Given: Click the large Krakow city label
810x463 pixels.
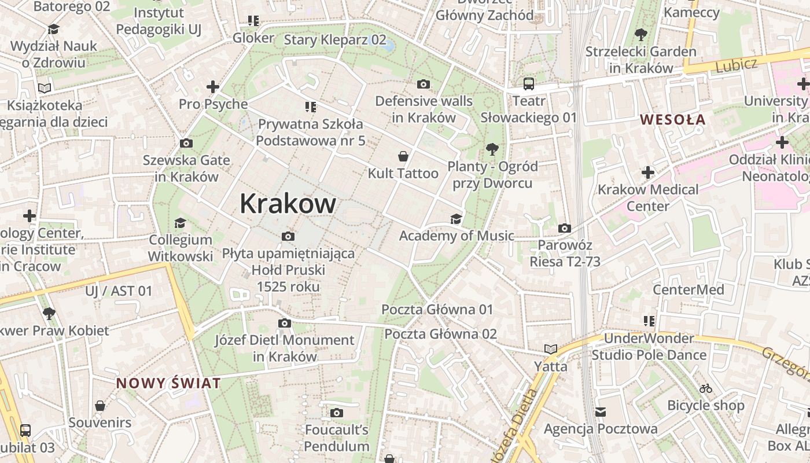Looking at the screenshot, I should pos(288,203).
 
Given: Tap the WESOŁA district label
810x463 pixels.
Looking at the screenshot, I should pos(672,120).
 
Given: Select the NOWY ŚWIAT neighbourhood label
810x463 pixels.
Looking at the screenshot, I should pos(168,383).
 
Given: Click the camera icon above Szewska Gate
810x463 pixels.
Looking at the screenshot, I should pos(186,143).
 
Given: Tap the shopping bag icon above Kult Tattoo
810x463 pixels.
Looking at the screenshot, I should pos(403,156).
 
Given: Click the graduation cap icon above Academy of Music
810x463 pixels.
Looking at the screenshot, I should pos(456,219).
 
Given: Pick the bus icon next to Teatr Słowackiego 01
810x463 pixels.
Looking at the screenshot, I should pos(529,84).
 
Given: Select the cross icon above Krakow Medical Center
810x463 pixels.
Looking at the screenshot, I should pos(648,172).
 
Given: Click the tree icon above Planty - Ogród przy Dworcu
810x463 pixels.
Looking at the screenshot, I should pos(492,149).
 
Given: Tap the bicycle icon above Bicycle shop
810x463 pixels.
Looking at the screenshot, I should pos(705,388).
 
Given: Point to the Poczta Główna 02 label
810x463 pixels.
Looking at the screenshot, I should pos(440,334).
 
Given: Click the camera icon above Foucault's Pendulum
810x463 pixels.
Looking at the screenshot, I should pos(337,413).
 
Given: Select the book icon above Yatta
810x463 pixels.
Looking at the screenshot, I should pos(550,349).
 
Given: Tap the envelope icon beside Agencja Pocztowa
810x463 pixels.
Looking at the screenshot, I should pos(601,412).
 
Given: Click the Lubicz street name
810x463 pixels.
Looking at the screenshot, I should pos(736,65).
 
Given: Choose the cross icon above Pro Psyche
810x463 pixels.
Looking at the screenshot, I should pos(213,87).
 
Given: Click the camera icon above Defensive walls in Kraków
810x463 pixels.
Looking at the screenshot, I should pos(424,84).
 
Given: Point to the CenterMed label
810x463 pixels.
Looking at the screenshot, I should pos(688,289).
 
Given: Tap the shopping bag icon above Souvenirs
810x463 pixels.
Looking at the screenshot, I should pos(100,406).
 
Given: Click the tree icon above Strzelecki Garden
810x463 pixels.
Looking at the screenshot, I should pos(640,34).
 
